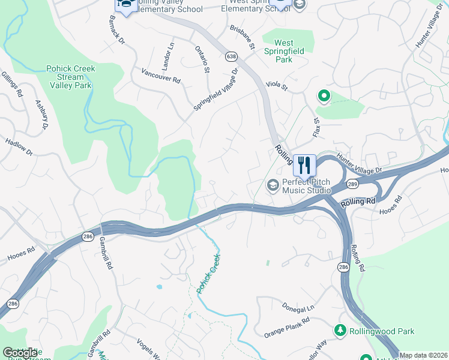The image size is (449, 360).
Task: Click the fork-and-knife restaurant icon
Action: click(x=304, y=165)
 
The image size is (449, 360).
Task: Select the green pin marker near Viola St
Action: click(x=324, y=96)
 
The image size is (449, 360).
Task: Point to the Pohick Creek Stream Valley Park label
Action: click(x=71, y=77)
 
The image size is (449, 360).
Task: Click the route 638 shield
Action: click(x=231, y=56)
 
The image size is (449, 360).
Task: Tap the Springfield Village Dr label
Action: click(x=215, y=89)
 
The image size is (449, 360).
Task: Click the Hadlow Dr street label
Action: click(x=19, y=148)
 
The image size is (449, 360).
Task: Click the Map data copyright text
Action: click(x=423, y=355)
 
